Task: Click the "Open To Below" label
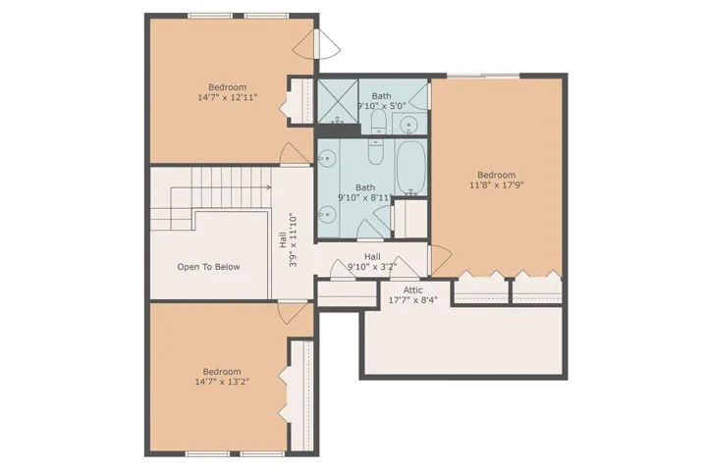click(208, 267)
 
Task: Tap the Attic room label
click(413, 289)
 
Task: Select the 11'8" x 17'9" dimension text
click(496, 184)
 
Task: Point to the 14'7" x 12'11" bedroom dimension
click(228, 97)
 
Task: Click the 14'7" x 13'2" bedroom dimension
click(222, 382)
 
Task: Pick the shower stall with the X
click(338, 101)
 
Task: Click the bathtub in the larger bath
click(410, 168)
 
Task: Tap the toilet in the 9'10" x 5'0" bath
click(378, 122)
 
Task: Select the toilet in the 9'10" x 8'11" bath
click(375, 151)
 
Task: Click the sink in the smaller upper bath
click(409, 124)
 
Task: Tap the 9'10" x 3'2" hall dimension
click(372, 266)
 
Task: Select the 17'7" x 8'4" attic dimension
click(413, 299)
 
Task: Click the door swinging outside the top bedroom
click(327, 44)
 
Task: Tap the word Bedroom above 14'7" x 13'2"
click(222, 372)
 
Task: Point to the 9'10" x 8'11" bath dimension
click(365, 197)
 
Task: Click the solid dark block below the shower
click(338, 130)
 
